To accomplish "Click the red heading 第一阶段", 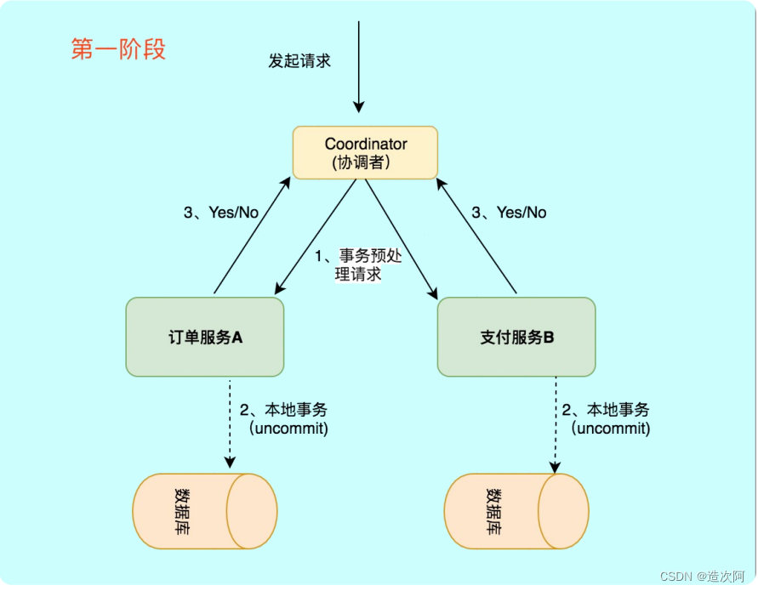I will [x=118, y=49].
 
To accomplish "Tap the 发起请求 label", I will [x=299, y=61].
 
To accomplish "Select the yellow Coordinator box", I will [x=365, y=153].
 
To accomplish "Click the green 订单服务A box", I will [x=204, y=337].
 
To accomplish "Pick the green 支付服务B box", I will [x=516, y=337].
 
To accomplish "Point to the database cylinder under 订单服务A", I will [x=204, y=511].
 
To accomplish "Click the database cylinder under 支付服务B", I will [x=516, y=511].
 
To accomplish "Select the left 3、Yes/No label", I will [x=220, y=213].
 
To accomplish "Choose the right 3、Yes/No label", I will [x=509, y=213].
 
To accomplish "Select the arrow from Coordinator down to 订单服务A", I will [x=314, y=238].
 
